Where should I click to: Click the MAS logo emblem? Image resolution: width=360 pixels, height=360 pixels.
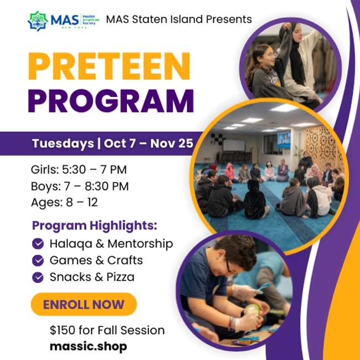pyautogui.click(x=37, y=20)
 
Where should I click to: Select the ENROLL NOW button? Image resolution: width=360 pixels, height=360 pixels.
pyautogui.click(x=84, y=304)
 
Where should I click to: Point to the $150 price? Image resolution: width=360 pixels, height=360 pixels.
pyautogui.click(x=61, y=330)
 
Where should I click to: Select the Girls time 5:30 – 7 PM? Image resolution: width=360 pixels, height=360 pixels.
pyautogui.click(x=96, y=169)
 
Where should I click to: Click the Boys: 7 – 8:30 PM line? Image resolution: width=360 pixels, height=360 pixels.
pyautogui.click(x=80, y=186)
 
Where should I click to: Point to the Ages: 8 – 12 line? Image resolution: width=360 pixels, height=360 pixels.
pyautogui.click(x=64, y=203)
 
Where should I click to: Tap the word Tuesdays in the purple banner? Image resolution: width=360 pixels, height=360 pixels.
pyautogui.click(x=63, y=143)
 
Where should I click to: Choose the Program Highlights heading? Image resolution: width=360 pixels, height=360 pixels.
pyautogui.click(x=95, y=225)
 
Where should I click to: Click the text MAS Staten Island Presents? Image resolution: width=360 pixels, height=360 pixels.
pyautogui.click(x=179, y=19)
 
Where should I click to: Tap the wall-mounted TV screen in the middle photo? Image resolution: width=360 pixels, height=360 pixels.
pyautogui.click(x=284, y=140)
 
